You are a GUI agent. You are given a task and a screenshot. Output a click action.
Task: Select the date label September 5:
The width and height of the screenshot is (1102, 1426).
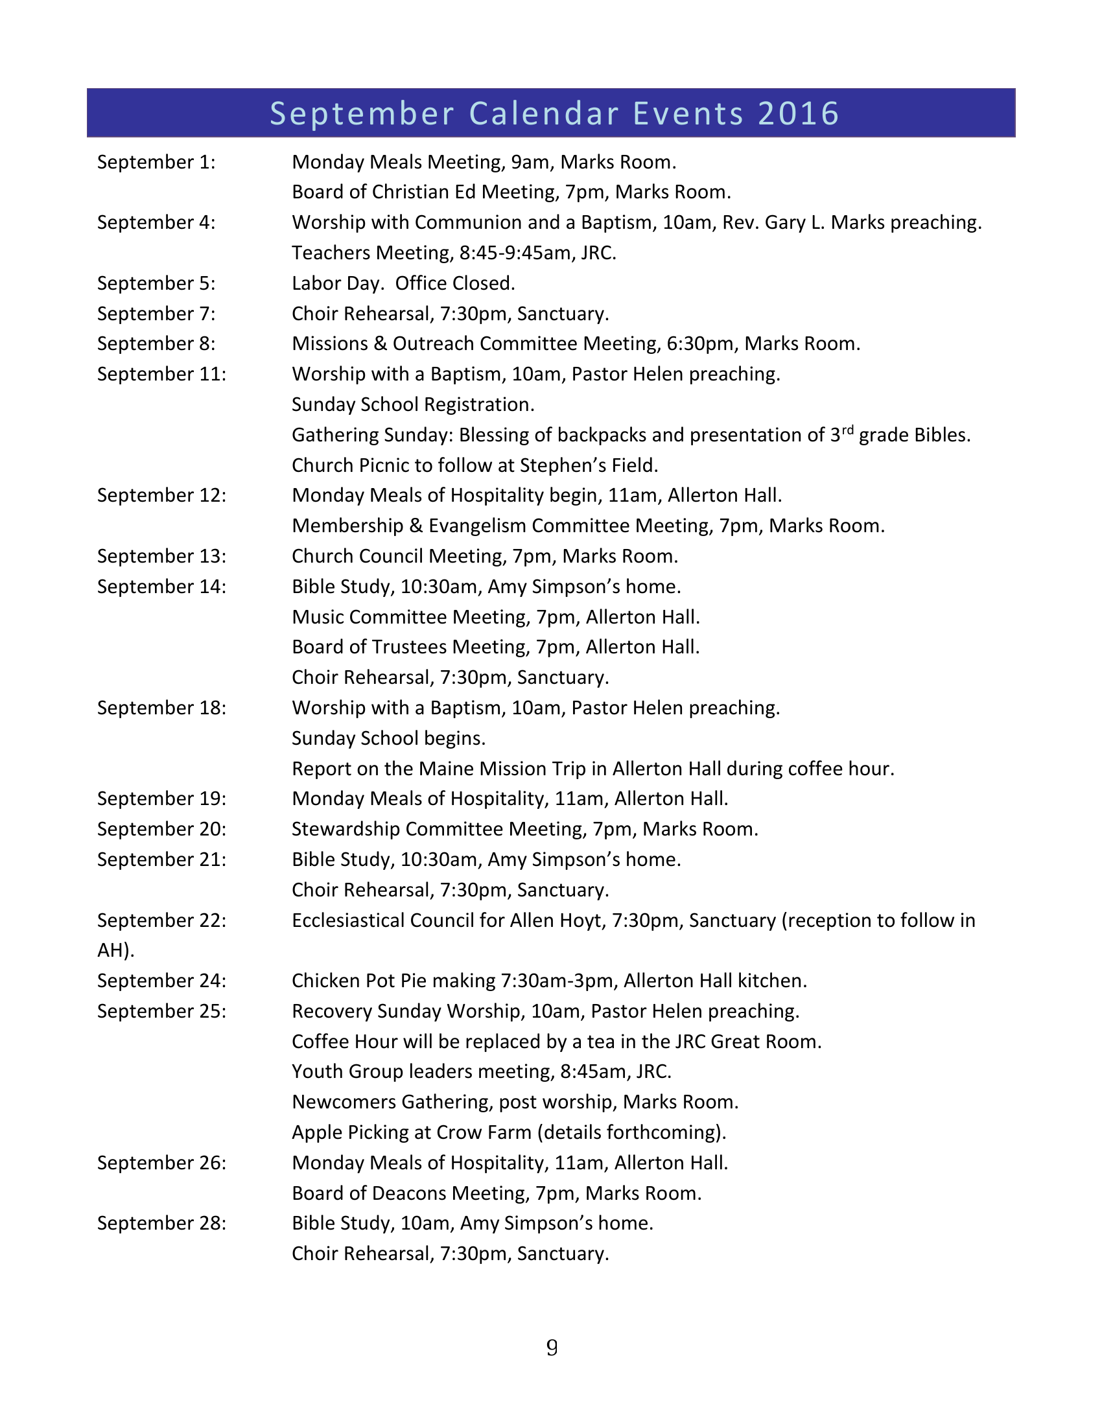pos(156,283)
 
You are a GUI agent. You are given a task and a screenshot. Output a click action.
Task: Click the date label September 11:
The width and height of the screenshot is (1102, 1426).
pos(161,374)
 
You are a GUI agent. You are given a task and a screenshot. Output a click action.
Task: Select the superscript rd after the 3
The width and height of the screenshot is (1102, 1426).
pos(847,430)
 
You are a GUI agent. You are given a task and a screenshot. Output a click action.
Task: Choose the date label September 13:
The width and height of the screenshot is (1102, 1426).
pos(161,556)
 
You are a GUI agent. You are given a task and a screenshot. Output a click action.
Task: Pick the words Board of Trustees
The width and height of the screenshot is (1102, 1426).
pos(369,647)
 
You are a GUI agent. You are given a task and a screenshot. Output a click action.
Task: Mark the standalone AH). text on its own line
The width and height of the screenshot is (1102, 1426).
pos(115,951)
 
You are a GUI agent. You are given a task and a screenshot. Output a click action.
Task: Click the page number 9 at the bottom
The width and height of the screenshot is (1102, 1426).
pos(552,1348)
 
